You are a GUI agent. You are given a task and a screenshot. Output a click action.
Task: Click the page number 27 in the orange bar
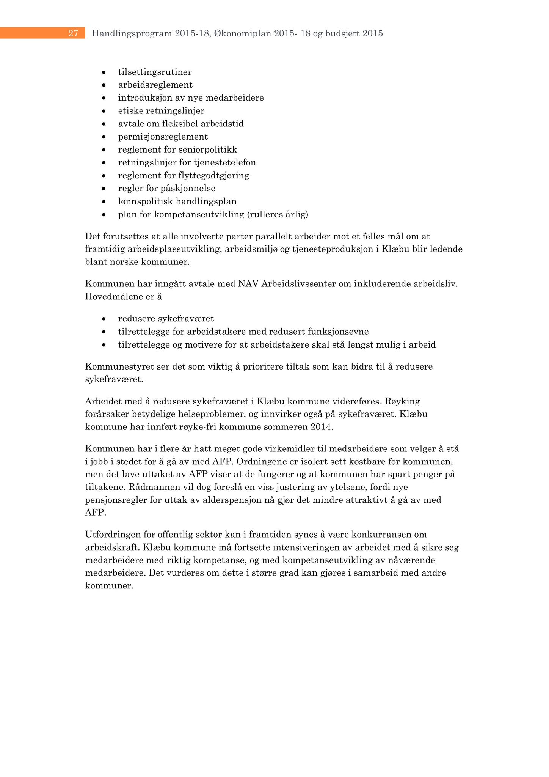[73, 33]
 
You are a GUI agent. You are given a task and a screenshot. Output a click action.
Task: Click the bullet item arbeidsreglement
[155, 85]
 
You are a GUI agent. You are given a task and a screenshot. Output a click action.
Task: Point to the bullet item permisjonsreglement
[163, 137]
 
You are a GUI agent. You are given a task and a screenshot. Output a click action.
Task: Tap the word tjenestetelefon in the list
[225, 162]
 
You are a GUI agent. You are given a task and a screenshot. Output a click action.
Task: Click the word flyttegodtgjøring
[213, 175]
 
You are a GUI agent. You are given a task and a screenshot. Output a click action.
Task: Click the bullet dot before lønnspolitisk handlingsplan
[104, 201]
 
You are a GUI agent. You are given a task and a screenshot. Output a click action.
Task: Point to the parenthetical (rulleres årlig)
[278, 214]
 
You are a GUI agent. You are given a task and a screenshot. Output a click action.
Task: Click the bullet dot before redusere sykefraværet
[104, 319]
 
